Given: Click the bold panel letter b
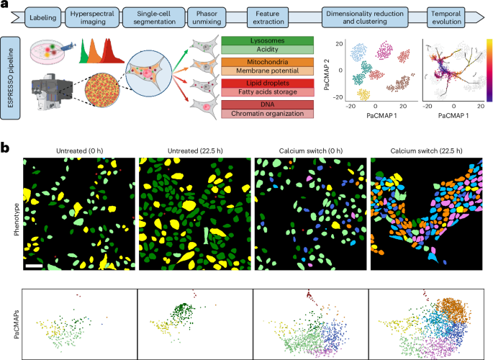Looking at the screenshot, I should pyautogui.click(x=6, y=148).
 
